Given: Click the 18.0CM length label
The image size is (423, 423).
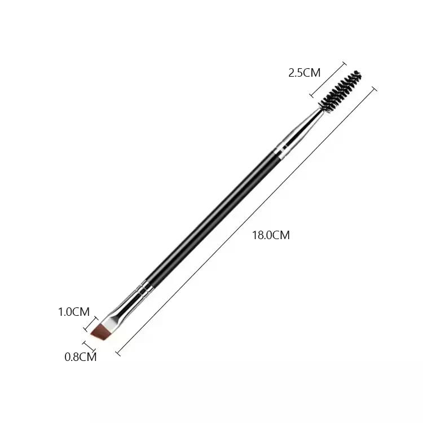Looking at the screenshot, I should pyautogui.click(x=271, y=235).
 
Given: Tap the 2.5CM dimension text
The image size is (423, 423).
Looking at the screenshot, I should pyautogui.click(x=304, y=73).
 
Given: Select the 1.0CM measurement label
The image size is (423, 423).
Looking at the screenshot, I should pyautogui.click(x=74, y=311).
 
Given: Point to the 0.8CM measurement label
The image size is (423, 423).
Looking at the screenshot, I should pyautogui.click(x=81, y=356).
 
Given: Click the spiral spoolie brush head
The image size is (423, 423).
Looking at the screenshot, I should pyautogui.click(x=340, y=92).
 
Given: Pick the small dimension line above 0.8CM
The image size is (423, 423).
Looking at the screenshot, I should pyautogui.click(x=88, y=346).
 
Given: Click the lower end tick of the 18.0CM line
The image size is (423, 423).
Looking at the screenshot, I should pyautogui.click(x=118, y=353).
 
